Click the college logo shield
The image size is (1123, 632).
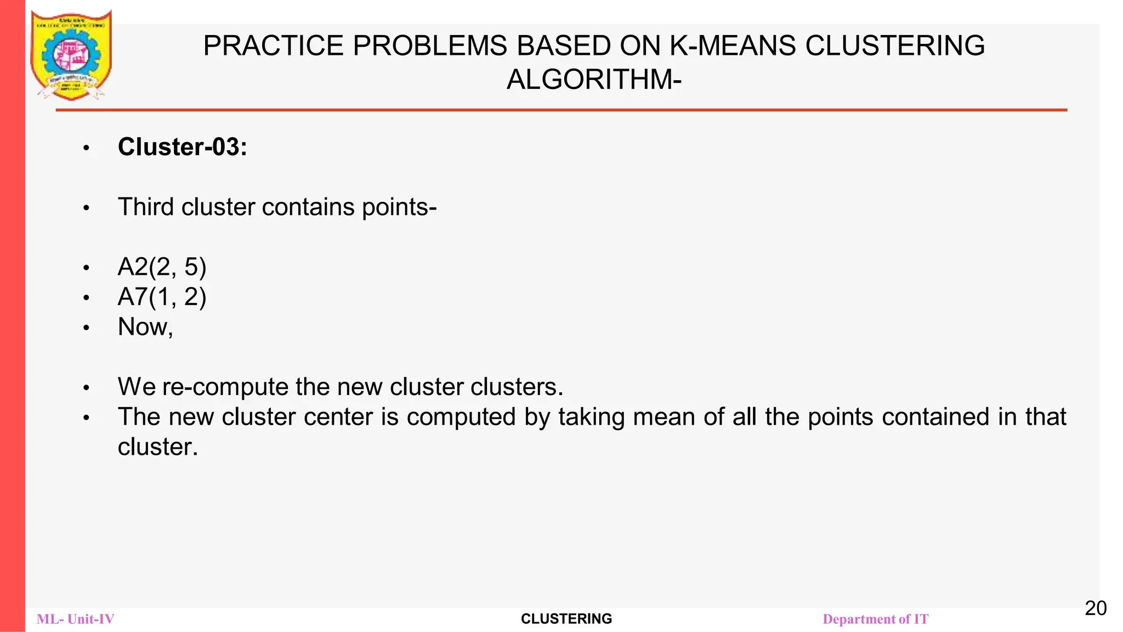click(x=71, y=55)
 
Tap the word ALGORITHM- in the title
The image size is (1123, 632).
click(x=594, y=80)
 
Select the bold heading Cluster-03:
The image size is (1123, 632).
click(x=182, y=147)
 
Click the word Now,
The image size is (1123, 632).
click(x=145, y=327)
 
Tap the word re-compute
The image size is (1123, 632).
click(x=225, y=387)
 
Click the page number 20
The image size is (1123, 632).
click(x=1096, y=608)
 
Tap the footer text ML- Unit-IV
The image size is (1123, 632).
click(x=76, y=619)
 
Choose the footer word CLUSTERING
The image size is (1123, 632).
click(x=566, y=619)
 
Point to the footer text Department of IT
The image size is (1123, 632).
click(x=876, y=619)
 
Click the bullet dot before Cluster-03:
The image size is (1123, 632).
click(x=86, y=148)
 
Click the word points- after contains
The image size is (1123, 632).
click(x=399, y=207)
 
